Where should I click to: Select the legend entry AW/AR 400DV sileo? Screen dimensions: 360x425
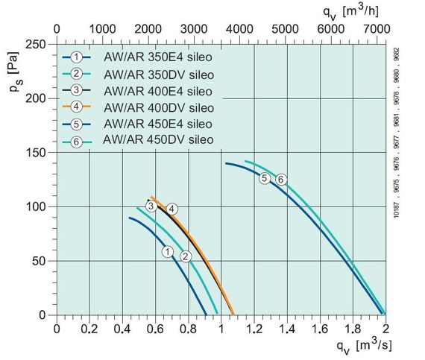coord(139,107)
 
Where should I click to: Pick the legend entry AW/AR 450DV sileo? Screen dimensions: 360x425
coord(139,140)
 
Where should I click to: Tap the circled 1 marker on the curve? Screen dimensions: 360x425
coord(169,252)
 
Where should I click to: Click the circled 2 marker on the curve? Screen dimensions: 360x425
coord(186,256)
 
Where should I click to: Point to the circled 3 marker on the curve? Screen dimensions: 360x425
coord(151,206)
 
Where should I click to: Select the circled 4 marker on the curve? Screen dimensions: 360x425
coord(171,208)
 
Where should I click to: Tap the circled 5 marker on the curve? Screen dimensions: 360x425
coord(264,178)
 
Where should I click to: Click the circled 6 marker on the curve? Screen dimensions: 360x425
coord(281,179)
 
